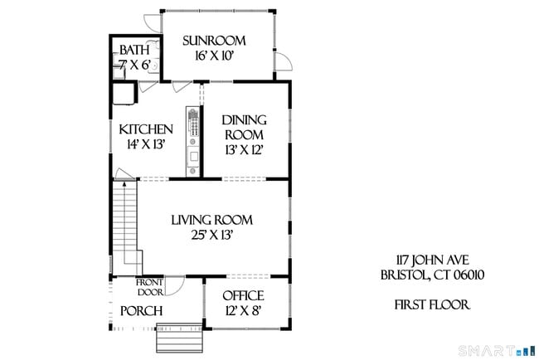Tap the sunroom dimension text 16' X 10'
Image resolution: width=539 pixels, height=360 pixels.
pyautogui.click(x=216, y=56)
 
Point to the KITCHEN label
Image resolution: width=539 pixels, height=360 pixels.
pyautogui.click(x=146, y=129)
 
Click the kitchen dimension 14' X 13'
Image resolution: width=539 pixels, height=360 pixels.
pyautogui.click(x=146, y=144)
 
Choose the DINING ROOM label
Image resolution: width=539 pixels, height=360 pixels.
pyautogui.click(x=244, y=127)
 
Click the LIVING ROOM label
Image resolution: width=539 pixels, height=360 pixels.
pyautogui.click(x=211, y=220)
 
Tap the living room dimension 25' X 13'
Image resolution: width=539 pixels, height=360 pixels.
pyautogui.click(x=211, y=235)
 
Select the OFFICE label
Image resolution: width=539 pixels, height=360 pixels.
pyautogui.click(x=244, y=295)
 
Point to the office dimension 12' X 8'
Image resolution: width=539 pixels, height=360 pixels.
pyautogui.click(x=244, y=310)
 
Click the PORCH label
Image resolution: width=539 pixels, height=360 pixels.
pyautogui.click(x=140, y=311)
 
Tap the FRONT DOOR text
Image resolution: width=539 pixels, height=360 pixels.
pyautogui.click(x=150, y=286)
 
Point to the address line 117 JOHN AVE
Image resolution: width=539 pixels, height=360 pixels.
pyautogui.click(x=427, y=260)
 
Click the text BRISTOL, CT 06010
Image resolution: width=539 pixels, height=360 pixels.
pyautogui.click(x=427, y=275)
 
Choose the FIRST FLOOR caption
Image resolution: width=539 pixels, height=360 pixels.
pyautogui.click(x=431, y=305)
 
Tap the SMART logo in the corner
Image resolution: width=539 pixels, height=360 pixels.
pyautogui.click(x=502, y=349)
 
